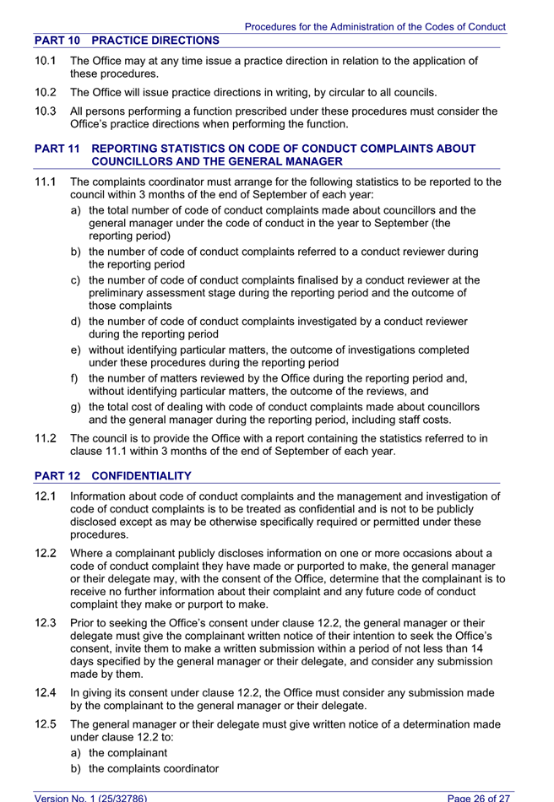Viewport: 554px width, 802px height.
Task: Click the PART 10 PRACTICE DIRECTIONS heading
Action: [x=127, y=41]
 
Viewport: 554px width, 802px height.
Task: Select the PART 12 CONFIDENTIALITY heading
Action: [x=113, y=476]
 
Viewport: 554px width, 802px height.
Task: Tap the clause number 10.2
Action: [x=46, y=92]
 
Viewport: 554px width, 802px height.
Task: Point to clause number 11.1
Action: [x=46, y=182]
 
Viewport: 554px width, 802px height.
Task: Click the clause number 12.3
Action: [x=46, y=624]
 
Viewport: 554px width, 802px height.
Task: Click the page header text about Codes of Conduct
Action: [x=375, y=27]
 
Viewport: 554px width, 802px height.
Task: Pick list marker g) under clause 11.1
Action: [x=76, y=407]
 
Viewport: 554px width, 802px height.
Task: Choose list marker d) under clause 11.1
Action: [x=76, y=321]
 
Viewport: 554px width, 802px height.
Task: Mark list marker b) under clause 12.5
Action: [x=76, y=768]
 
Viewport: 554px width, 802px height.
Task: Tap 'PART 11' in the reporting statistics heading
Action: [x=57, y=149]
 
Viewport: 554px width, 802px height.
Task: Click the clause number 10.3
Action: [x=46, y=111]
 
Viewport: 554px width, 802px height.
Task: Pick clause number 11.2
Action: [x=46, y=438]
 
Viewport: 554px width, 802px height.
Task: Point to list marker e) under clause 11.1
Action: [x=76, y=350]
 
